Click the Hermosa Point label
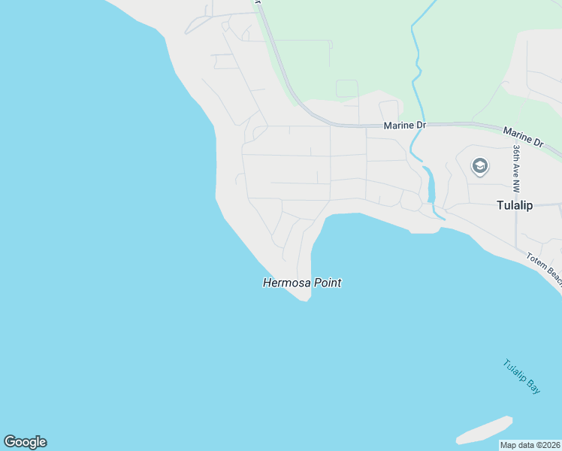[x=302, y=283]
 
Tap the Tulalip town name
[x=514, y=205]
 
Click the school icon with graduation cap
[x=479, y=166]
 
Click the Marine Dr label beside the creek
[x=404, y=126]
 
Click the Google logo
[x=25, y=442]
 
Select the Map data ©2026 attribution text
[x=530, y=445]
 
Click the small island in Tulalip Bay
[x=485, y=430]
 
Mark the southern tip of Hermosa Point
[x=304, y=298]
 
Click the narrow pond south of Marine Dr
[x=431, y=184]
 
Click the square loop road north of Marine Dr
[x=347, y=88]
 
